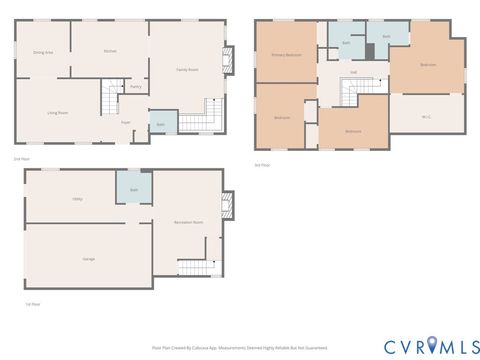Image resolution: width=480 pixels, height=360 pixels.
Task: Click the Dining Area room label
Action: pos(43,52)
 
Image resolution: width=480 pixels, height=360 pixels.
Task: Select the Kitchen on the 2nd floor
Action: pos(112,50)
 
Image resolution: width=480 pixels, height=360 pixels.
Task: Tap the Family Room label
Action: pos(186,70)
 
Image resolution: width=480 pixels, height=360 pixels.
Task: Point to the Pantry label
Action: pos(135,87)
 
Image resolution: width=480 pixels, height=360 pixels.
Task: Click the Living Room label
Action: pos(58,113)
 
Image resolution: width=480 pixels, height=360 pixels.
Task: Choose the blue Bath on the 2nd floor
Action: pos(161,124)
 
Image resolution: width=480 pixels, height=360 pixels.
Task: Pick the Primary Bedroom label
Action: pos(286,55)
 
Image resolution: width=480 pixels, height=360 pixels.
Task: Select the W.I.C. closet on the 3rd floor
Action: pos(426,117)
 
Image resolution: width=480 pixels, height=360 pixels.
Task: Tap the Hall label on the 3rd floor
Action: pos(353,72)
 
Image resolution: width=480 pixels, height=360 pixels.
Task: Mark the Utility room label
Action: pos(77,201)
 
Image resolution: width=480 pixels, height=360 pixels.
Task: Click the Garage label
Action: pos(88,258)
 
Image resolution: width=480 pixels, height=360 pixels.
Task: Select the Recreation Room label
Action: pos(187,221)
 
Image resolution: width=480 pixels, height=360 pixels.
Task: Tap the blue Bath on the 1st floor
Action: pos(133,188)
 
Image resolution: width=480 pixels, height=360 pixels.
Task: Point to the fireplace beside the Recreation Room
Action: pos(227,206)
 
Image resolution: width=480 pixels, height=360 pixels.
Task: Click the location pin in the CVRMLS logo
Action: pos(432,344)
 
